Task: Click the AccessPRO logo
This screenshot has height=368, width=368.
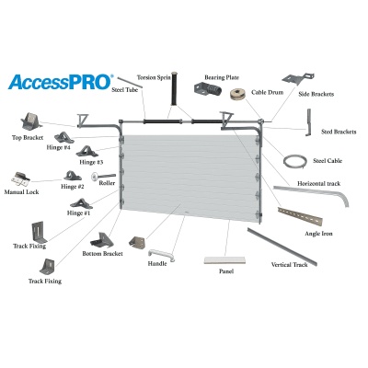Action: pyautogui.click(x=61, y=82)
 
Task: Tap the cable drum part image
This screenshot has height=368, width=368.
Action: pyautogui.click(x=239, y=94)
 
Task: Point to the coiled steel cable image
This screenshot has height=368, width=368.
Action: pyautogui.click(x=294, y=162)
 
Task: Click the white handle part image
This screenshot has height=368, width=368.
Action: pyautogui.click(x=162, y=255)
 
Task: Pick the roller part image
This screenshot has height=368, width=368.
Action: pyautogui.click(x=103, y=177)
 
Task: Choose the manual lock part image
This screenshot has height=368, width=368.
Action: pyautogui.click(x=20, y=179)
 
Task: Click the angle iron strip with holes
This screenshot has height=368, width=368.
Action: pyautogui.click(x=300, y=216)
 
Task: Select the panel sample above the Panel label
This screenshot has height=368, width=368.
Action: pyautogui.click(x=225, y=260)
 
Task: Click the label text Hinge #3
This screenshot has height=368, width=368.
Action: pyautogui.click(x=91, y=162)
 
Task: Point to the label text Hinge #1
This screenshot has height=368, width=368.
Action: pyautogui.click(x=79, y=213)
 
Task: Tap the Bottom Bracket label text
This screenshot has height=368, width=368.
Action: pyautogui.click(x=103, y=254)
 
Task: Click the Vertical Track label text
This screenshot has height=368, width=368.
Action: pyautogui.click(x=290, y=264)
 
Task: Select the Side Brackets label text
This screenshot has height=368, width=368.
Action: pyautogui.click(x=316, y=94)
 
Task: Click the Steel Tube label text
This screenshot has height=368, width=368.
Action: pyautogui.click(x=125, y=90)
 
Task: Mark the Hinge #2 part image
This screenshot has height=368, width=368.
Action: pyautogui.click(x=73, y=176)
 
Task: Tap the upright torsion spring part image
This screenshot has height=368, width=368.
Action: pyautogui.click(x=175, y=89)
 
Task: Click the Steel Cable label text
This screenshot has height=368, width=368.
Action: pyautogui.click(x=328, y=161)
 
